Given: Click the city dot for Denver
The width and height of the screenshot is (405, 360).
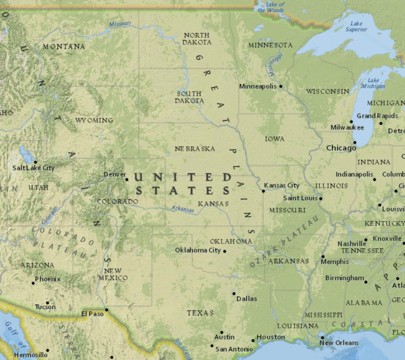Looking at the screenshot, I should click(x=127, y=179).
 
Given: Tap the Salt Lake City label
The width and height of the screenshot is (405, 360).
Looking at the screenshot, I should click(x=33, y=168).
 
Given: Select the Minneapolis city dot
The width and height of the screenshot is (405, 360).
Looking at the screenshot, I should click(x=281, y=86).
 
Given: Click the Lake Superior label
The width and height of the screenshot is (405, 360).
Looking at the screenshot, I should click(x=356, y=26).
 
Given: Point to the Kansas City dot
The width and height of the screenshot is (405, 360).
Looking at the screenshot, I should click(x=263, y=191).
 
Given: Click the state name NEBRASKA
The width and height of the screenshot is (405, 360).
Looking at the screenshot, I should click(x=195, y=149).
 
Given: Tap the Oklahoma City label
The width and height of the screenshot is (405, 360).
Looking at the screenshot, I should click(x=198, y=250).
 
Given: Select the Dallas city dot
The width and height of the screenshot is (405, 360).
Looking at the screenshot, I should click(x=233, y=294).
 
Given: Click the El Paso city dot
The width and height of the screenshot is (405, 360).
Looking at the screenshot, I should click(x=106, y=310).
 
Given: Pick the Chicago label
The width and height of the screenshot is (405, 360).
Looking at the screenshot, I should click(x=341, y=148).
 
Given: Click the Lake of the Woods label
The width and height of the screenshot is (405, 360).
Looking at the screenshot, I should click(x=271, y=7).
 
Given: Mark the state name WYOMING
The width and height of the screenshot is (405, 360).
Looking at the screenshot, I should click(x=94, y=120).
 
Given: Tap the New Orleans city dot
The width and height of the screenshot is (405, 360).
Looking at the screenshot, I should click(x=322, y=338).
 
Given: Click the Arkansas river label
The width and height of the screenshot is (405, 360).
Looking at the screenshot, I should click(x=183, y=209).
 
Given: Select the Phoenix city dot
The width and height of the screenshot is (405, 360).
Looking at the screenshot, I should click(x=33, y=283).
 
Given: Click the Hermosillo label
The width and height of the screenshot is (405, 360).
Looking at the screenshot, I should click(x=31, y=355).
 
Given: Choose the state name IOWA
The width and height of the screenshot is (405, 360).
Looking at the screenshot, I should click(x=275, y=139).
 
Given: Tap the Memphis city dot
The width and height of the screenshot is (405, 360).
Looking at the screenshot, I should click(x=323, y=256).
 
